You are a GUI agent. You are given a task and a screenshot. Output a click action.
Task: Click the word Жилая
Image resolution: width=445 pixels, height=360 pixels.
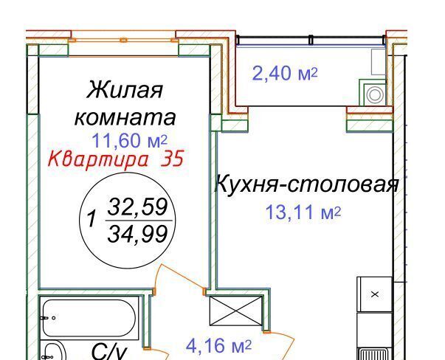tap(125, 90)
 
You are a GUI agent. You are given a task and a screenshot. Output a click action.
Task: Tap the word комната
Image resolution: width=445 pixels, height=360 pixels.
tap(125, 117)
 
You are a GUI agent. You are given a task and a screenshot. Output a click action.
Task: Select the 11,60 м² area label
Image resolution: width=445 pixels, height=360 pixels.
tap(129, 141)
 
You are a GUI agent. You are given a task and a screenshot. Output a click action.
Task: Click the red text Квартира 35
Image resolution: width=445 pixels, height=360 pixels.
tap(116, 159)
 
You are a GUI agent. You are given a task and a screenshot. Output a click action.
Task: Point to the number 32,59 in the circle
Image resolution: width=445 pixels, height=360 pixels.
tap(138, 207)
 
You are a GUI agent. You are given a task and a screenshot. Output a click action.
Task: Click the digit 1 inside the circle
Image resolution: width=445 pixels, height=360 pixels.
tap(92, 218)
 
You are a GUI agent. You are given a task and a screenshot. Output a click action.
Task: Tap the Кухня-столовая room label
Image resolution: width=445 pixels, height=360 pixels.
tap(307, 184)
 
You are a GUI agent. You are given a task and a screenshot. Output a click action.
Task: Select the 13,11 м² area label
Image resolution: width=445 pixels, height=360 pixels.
tap(303, 212)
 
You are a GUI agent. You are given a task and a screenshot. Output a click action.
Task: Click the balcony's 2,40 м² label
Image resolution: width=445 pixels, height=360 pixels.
tap(285, 73)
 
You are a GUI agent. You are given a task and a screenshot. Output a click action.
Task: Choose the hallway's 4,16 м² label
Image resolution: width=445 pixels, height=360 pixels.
tap(219, 346)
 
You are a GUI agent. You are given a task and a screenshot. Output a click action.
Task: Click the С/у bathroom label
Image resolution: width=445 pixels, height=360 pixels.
tap(109, 352)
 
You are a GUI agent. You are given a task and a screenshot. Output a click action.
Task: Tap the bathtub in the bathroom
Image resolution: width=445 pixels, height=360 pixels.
tap(89, 318)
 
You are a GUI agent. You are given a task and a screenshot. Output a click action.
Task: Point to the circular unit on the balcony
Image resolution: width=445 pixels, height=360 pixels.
tap(375, 95)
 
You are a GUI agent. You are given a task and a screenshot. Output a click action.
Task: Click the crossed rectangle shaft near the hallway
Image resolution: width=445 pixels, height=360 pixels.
tap(236, 311)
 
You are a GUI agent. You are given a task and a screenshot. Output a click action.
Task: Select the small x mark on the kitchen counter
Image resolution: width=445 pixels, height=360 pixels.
tap(375, 294)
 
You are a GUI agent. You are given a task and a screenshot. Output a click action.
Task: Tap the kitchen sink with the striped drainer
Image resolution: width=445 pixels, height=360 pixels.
tap(374, 354)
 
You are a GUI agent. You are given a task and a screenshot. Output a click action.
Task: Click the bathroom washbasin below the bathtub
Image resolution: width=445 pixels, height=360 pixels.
tap(53, 351)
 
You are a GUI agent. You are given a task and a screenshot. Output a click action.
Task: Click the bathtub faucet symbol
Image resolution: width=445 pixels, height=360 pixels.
tap(47, 318)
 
